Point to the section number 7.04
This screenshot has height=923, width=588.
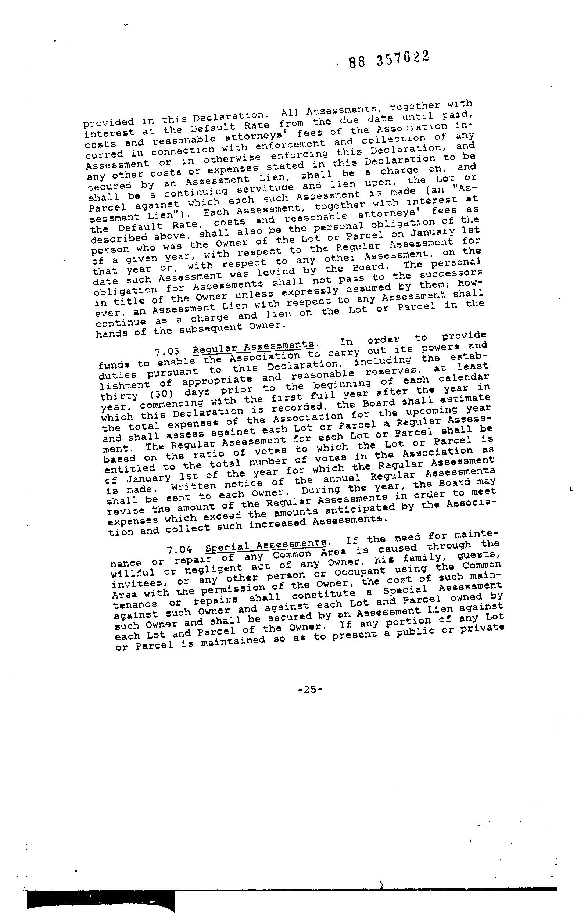179,550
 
